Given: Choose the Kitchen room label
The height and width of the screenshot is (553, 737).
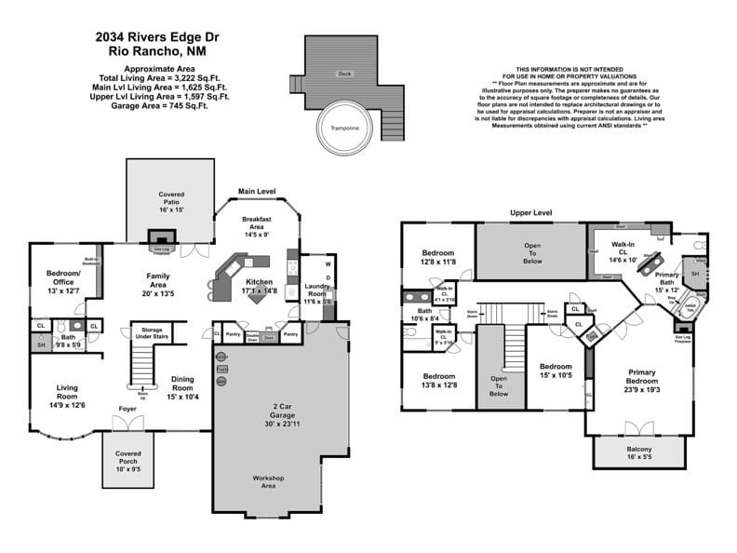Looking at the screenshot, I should pyautogui.click(x=259, y=281).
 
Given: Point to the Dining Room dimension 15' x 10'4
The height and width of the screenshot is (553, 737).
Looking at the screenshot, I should pyautogui.click(x=182, y=398).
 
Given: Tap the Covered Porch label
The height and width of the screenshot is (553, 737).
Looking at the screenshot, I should pyautogui.click(x=128, y=457).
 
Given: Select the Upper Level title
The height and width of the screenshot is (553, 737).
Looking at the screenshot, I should pyautogui.click(x=530, y=212).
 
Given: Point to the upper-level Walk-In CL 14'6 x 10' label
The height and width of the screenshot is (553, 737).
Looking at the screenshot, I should pyautogui.click(x=623, y=249).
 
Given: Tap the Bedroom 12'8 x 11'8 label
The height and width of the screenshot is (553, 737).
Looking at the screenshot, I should pyautogui.click(x=437, y=258).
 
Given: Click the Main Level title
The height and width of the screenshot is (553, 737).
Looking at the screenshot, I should pyautogui.click(x=257, y=191).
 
